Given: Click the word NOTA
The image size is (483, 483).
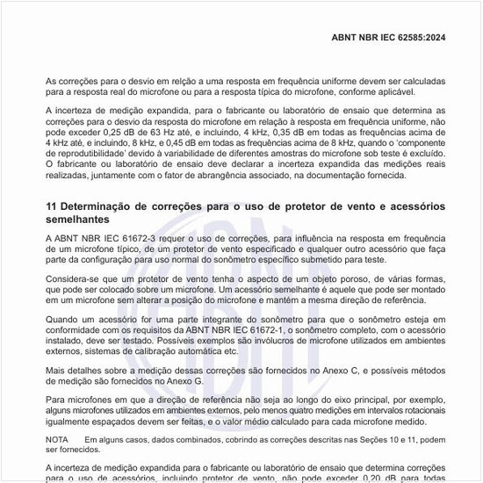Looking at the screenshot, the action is pos(57,438).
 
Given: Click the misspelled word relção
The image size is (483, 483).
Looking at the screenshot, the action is pos(189,80).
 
